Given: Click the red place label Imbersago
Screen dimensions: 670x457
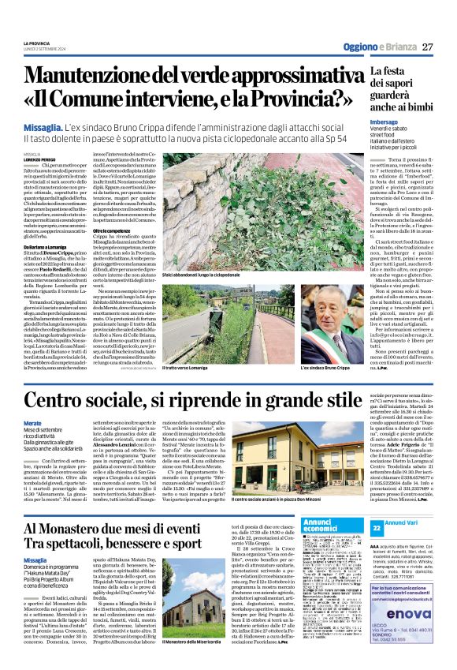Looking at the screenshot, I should (385, 122).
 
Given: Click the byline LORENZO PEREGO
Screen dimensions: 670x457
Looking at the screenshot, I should (39, 160).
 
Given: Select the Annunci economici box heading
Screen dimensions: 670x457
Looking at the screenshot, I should (320, 525).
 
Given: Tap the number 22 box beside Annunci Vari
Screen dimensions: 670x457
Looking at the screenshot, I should (377, 526).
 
